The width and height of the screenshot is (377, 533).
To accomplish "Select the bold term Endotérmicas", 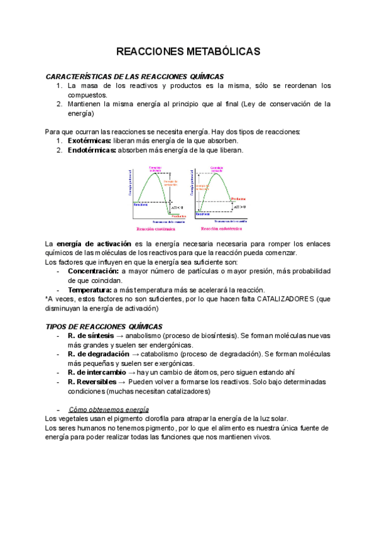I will [92, 150].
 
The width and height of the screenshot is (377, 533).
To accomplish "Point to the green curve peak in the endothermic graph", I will [216, 173].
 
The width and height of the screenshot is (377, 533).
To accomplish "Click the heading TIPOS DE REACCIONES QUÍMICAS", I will [104, 327].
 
